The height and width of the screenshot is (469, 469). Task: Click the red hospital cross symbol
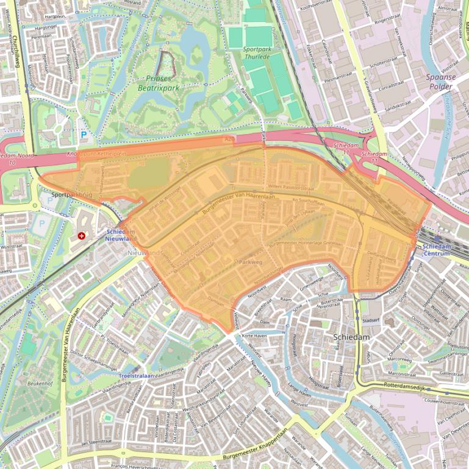click(82, 235)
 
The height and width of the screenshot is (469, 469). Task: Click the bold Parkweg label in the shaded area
click(250, 261)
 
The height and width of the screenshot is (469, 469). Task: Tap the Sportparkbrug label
click(71, 196)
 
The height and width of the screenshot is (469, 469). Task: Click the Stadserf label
click(370, 319)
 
